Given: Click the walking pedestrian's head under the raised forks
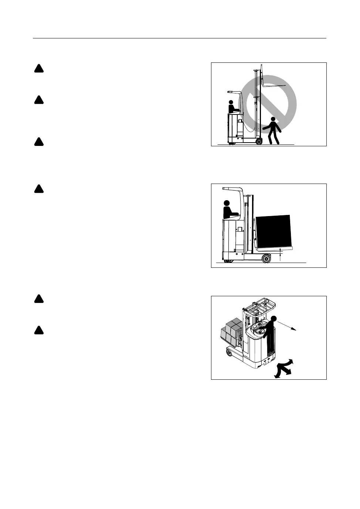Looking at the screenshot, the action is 273,119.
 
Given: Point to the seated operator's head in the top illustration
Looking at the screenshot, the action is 231,102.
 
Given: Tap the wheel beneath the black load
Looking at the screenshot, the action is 266,259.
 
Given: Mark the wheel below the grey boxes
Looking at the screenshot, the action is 230,354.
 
